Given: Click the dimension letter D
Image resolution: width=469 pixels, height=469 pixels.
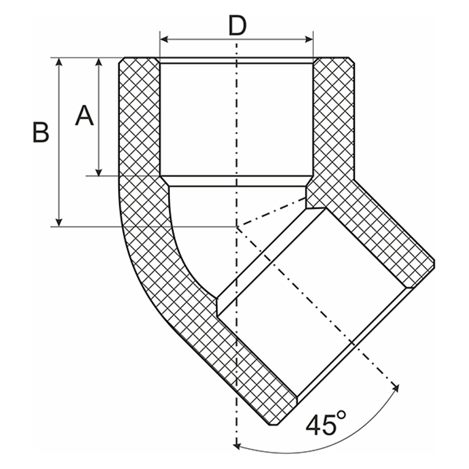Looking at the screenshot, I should click(237, 26).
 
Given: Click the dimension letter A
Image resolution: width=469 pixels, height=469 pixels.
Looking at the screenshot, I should click(84, 116).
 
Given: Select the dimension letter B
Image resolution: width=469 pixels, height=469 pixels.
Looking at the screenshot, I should click(41, 132).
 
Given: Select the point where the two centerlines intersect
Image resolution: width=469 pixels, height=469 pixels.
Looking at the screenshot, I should click(237, 227).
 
